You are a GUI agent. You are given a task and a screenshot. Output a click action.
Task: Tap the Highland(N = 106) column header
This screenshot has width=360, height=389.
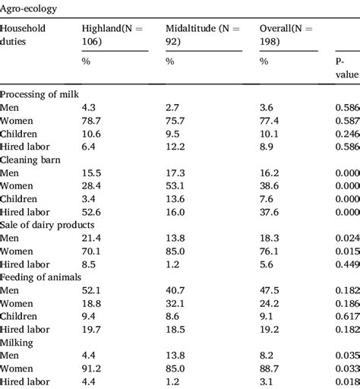[114, 33]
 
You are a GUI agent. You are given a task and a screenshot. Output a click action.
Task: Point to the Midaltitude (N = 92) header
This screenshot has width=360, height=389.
[202, 33]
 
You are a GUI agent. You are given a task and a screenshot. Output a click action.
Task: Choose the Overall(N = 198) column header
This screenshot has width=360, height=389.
[289, 33]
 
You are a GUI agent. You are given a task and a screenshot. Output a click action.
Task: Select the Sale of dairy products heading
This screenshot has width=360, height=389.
[47, 225]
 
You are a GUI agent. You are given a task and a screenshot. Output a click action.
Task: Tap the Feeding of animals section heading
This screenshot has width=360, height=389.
[41, 278]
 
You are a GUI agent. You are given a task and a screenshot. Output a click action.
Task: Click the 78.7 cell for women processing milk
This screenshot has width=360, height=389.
[92, 120]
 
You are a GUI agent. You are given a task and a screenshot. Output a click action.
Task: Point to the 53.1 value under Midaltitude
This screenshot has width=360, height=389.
[176, 186]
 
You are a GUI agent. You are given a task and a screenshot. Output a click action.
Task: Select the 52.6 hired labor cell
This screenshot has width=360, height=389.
[92, 212]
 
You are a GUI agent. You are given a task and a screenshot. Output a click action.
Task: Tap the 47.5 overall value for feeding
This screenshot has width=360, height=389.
[270, 291]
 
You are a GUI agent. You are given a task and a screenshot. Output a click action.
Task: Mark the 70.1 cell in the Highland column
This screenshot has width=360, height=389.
[92, 251]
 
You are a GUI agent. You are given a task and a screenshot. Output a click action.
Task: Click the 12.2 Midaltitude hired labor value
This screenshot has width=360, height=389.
[176, 147]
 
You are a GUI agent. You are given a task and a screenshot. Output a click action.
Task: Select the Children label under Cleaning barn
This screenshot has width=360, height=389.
[21, 199]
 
